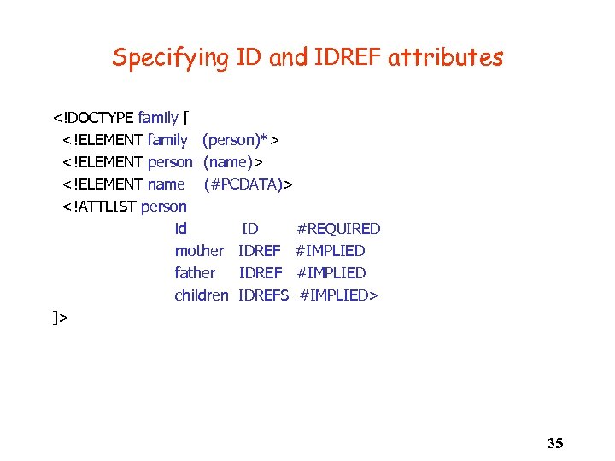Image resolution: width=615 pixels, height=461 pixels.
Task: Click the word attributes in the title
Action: [445, 58]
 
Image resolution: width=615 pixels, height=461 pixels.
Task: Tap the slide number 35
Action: [554, 442]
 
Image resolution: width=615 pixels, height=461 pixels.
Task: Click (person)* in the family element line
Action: [239, 140]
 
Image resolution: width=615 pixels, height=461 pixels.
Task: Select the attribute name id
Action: [180, 229]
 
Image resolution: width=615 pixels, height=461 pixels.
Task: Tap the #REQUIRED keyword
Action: [338, 229]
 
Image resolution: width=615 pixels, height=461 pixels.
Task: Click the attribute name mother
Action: [199, 251]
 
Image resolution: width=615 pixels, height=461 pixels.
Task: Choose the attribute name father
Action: [195, 273]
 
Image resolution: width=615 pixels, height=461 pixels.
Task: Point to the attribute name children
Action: [202, 295]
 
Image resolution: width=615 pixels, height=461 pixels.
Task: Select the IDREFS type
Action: [264, 295]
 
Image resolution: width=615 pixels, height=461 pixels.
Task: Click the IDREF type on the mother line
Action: [260, 251]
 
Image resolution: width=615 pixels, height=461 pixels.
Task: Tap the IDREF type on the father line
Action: [261, 273]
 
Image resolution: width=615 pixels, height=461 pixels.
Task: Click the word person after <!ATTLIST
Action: [164, 207]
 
